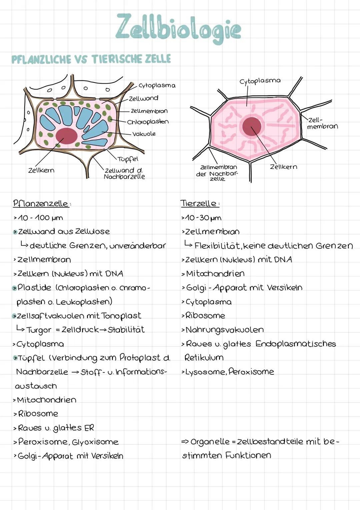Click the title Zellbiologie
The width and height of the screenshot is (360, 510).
(178, 29)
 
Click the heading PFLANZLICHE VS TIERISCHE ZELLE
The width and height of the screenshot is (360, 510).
(91, 59)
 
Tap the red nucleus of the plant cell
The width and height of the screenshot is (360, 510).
(66, 136)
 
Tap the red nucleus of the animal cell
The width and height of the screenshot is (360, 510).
(252, 126)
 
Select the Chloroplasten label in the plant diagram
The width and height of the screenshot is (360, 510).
(148, 122)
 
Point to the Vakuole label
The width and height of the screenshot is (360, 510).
(144, 134)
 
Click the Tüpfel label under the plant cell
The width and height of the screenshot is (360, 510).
(127, 159)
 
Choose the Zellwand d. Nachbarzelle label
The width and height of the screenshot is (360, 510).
(124, 174)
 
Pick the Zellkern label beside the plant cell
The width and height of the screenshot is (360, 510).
(41, 170)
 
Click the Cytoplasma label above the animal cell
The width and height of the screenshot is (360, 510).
(260, 81)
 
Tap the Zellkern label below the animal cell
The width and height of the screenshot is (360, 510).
(283, 167)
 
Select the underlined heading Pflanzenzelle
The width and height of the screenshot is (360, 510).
(40, 203)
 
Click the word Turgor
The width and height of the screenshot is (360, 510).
(39, 330)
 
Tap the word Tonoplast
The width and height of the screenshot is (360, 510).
(121, 315)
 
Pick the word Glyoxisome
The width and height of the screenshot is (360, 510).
(95, 442)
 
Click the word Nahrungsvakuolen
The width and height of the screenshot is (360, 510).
(224, 330)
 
